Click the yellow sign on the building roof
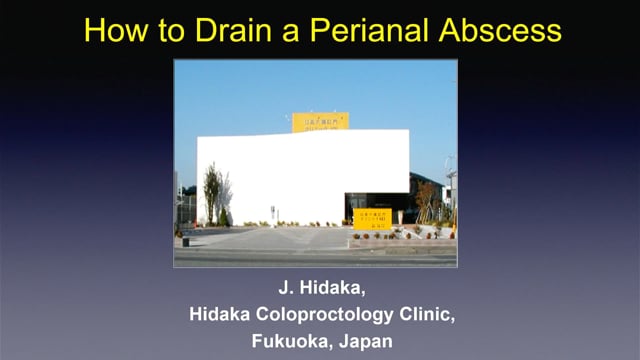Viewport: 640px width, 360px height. click(x=320, y=122)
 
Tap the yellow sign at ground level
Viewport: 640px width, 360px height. click(x=373, y=219)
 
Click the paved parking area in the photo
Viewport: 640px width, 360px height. click(x=270, y=240)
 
